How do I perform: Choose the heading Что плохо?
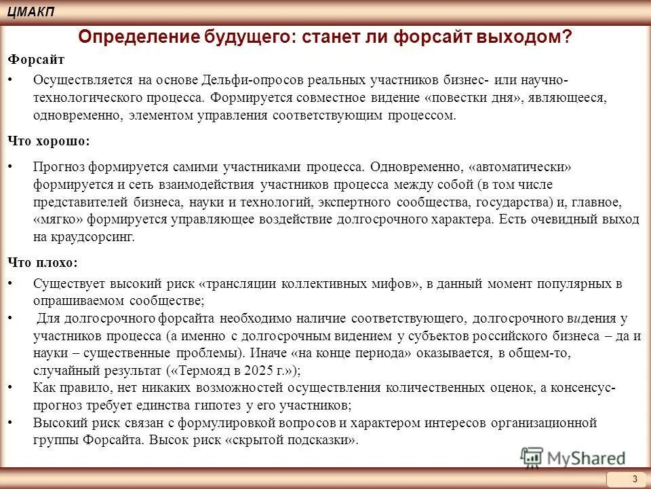pos(43,261)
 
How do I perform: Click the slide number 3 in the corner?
pos(635,479)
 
